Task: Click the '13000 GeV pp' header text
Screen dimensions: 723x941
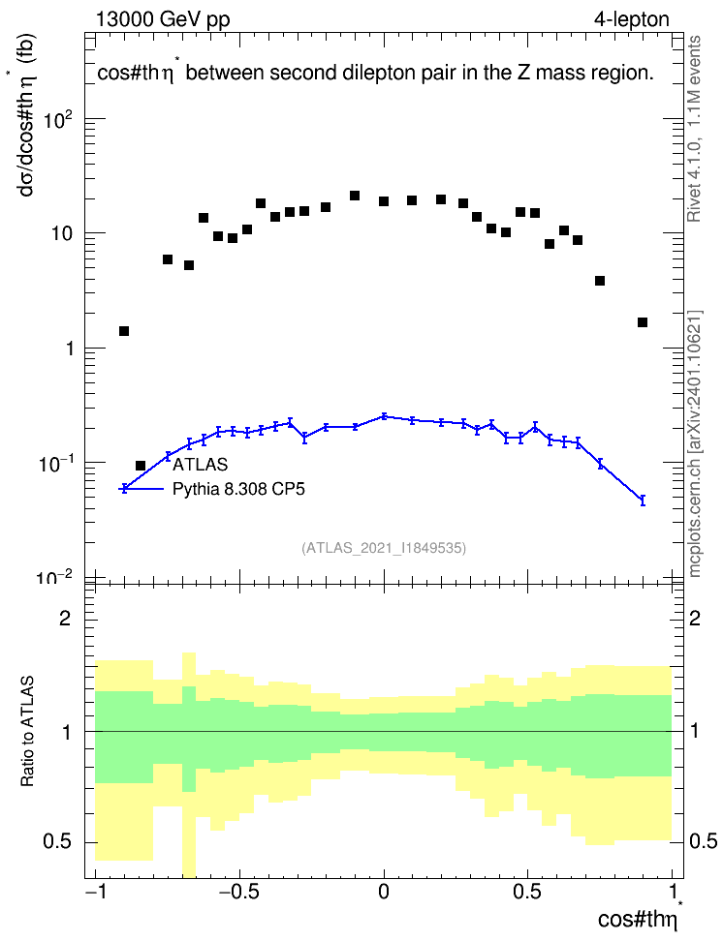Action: point(163,19)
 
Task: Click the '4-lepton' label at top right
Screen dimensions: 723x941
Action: point(632,19)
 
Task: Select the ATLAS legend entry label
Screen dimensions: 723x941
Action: point(200,465)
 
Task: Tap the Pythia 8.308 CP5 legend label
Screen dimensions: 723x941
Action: point(238,489)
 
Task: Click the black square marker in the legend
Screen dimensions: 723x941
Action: point(141,465)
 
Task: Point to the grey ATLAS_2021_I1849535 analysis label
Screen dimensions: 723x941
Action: point(384,548)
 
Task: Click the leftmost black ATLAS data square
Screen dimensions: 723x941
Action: point(124,331)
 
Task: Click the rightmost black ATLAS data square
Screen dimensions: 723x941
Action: point(643,322)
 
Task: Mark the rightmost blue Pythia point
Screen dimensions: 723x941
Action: point(643,500)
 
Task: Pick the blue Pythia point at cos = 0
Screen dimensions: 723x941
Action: point(384,416)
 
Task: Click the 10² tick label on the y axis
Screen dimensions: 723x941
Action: point(58,122)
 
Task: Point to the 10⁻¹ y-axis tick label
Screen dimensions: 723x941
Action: point(55,465)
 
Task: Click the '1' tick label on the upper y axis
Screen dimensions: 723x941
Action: point(69,349)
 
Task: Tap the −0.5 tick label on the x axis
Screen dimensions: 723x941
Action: point(239,892)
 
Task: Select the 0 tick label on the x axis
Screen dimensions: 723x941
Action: point(384,892)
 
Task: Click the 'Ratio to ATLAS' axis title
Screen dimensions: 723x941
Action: point(27,732)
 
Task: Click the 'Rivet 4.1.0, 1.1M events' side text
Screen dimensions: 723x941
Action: point(694,129)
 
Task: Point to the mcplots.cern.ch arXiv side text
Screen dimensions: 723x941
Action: point(695,443)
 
